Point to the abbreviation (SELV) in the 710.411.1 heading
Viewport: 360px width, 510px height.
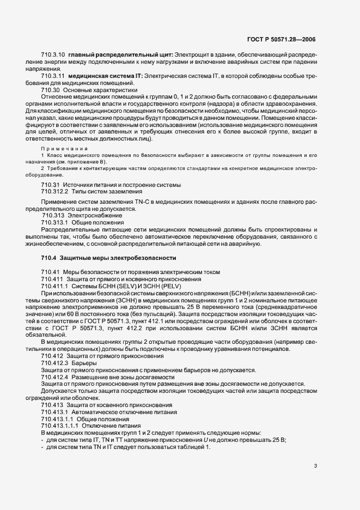[x=123, y=286]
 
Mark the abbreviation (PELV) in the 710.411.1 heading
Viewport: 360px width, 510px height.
[x=174, y=286]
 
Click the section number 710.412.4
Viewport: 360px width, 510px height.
[x=54, y=377]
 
